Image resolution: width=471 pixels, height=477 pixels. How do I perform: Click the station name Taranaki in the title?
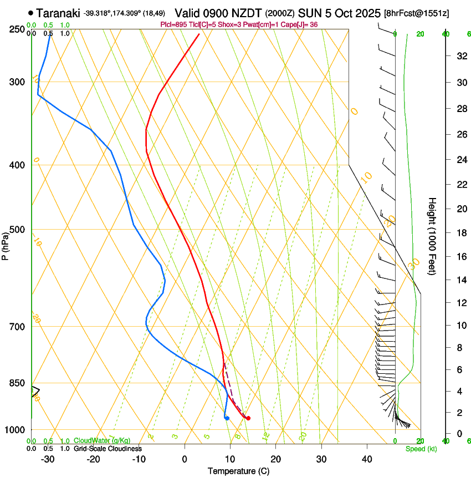point(58,13)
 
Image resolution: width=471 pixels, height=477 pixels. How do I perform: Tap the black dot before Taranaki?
point(30,13)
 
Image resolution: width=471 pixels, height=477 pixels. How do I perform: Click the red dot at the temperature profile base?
point(248,418)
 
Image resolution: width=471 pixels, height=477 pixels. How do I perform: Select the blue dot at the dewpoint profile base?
point(227,418)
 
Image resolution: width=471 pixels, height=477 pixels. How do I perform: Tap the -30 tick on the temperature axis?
point(48,459)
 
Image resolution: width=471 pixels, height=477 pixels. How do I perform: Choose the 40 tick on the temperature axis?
point(367,459)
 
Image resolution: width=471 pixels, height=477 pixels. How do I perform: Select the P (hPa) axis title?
point(6,245)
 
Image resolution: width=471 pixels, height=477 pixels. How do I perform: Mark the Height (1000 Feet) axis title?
point(432,236)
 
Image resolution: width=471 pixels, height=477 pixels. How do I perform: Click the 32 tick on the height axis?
point(460,56)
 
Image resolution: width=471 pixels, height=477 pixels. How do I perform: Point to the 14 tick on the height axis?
point(460,280)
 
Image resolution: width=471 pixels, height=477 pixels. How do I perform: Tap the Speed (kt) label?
point(421,449)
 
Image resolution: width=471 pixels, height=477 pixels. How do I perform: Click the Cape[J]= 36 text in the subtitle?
point(300,25)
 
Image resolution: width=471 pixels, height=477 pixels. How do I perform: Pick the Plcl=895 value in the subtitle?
point(173,25)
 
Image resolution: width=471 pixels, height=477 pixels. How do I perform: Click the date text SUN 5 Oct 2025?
point(340,13)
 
